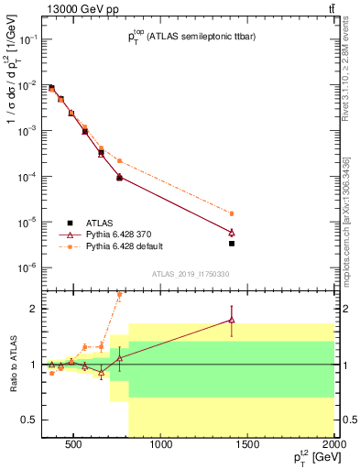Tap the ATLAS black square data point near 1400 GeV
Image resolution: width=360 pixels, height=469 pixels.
(x=232, y=244)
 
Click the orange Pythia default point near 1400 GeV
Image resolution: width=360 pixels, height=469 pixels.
(x=232, y=213)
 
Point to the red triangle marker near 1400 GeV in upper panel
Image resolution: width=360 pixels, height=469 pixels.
(x=232, y=233)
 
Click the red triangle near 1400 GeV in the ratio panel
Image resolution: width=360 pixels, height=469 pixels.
(x=232, y=320)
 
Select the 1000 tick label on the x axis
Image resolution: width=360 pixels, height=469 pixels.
(x=161, y=446)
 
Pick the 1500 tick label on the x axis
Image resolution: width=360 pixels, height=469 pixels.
(x=248, y=446)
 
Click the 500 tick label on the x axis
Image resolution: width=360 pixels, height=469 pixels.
(x=75, y=446)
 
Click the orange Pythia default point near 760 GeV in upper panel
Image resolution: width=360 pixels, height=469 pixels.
(x=119, y=161)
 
